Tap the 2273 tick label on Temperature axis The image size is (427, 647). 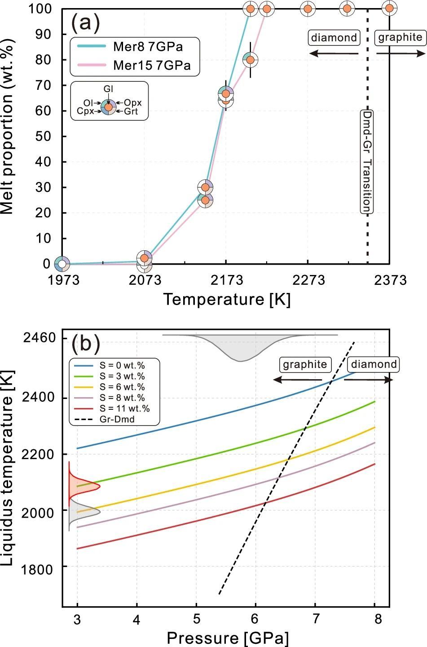[x=308, y=280]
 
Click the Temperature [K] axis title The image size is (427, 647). [x=226, y=299]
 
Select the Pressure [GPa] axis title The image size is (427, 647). [x=227, y=638]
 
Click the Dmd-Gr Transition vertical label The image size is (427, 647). [x=368, y=162]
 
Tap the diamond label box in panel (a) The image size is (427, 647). [x=335, y=38]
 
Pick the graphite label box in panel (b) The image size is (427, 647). [x=305, y=364]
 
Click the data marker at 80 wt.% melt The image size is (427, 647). [x=251, y=60]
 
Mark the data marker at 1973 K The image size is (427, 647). [x=62, y=264]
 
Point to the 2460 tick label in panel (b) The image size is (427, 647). [x=43, y=337]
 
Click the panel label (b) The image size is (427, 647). [x=86, y=344]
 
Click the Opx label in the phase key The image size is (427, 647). [x=133, y=103]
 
